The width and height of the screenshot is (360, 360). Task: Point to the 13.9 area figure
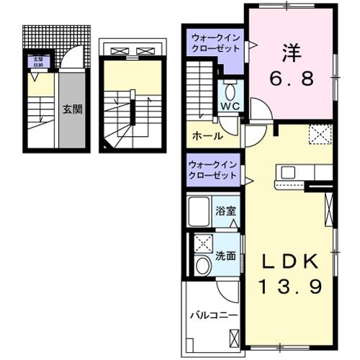point(290,287)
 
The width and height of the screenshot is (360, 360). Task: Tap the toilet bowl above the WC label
point(230,92)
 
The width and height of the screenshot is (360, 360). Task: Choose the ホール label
point(207,136)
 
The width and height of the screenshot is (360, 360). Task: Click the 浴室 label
point(225,211)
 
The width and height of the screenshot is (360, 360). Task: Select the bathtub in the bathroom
point(200,213)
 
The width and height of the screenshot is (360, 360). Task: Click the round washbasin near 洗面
point(202,266)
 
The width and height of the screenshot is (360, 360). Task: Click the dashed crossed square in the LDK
point(320,135)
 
